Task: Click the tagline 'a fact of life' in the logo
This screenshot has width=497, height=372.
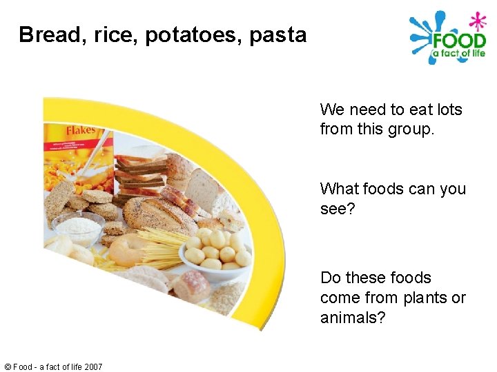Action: [458, 54]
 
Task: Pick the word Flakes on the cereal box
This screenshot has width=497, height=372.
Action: [81, 130]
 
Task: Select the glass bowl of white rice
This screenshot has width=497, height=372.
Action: [77, 227]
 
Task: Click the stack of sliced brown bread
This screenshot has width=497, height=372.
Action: [141, 173]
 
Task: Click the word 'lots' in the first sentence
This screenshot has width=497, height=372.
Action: [448, 110]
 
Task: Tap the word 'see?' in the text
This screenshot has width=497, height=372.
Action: [337, 209]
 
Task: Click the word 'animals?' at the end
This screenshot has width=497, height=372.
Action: [352, 318]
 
